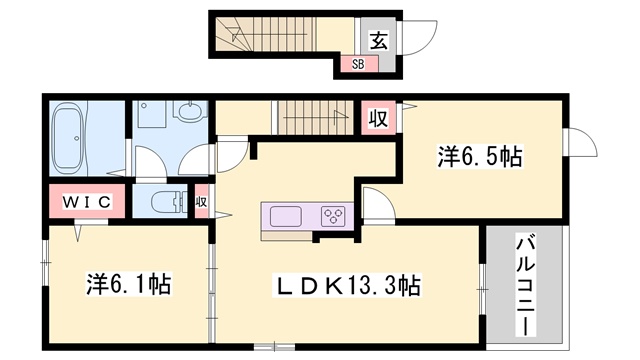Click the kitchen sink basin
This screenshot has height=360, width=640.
[x=284, y=216]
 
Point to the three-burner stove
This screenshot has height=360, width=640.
[x=333, y=216]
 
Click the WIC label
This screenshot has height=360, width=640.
[x=86, y=202]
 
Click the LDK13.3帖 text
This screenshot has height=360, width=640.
[x=348, y=286]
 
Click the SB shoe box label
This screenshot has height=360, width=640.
[x=357, y=63]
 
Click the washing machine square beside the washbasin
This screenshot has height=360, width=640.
[x=153, y=118]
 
